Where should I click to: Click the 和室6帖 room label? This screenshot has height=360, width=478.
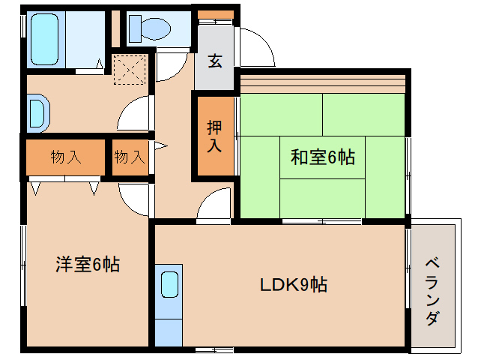coord(322,157)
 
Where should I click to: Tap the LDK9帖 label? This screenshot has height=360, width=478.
coord(293,285)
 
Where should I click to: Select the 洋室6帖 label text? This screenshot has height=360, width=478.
coord(88,264)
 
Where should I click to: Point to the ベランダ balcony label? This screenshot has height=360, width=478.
coord(432,291)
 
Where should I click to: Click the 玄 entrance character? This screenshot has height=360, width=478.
coord(215,61)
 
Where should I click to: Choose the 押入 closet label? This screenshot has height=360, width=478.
coord(214,136)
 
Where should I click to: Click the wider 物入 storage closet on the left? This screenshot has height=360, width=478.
coord(66,157)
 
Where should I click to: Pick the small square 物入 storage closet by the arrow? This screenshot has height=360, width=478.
coord(129,157)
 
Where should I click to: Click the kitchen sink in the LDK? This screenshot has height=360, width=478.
coord(170,286)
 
